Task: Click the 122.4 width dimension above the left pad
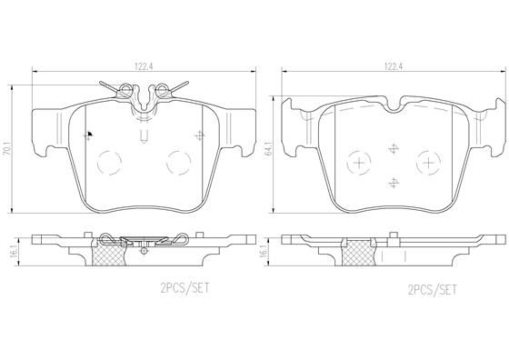[143, 65]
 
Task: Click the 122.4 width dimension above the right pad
[392, 65]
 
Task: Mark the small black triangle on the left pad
[88, 134]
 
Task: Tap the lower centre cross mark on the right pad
[393, 180]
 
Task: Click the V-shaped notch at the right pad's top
[393, 110]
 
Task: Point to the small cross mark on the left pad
[199, 135]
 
